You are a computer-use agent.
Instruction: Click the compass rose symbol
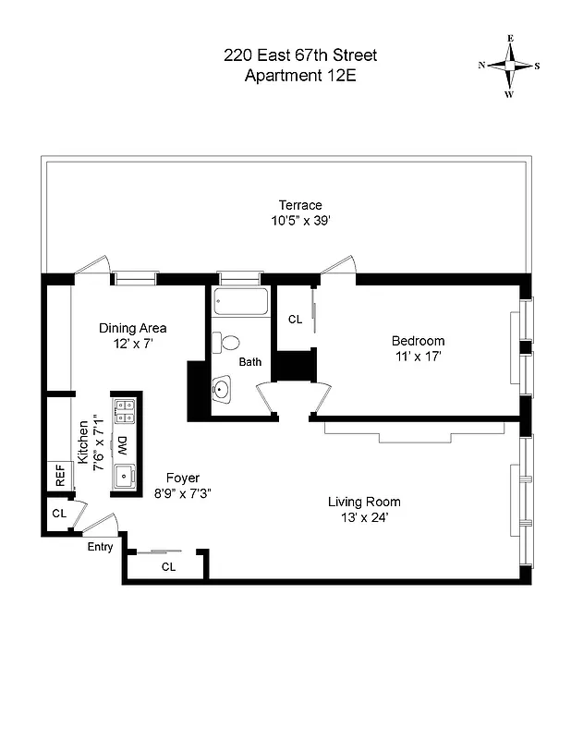(509, 66)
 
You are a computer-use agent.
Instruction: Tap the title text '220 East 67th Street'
(299, 55)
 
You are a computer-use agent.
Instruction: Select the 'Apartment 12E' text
(299, 76)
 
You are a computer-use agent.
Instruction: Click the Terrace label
(300, 205)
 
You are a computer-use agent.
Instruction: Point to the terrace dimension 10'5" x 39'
(300, 221)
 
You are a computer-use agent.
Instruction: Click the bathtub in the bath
(239, 302)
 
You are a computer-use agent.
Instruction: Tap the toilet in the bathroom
(225, 343)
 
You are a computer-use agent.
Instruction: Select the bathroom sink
(222, 391)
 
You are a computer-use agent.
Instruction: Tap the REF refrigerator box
(60, 477)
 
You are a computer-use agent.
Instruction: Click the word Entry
(100, 547)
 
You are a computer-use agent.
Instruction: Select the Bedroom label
(418, 341)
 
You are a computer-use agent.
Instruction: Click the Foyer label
(184, 478)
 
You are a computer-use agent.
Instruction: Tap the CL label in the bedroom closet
(295, 320)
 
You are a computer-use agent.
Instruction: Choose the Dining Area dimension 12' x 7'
(133, 344)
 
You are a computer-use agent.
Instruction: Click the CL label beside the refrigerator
(58, 513)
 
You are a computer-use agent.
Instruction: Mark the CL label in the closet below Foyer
(168, 567)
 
